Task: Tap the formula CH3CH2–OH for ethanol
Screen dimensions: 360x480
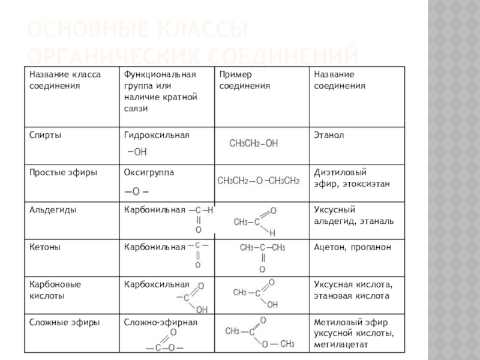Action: click(254, 143)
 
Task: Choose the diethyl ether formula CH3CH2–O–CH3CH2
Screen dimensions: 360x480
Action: click(258, 181)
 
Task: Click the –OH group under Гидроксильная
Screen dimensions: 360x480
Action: click(137, 152)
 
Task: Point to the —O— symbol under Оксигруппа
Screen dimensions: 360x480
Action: click(136, 191)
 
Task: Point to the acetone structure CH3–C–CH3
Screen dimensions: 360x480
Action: click(262, 248)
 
